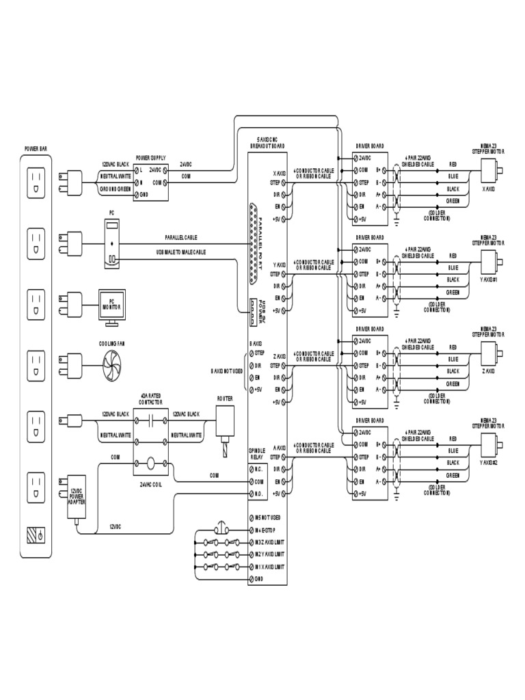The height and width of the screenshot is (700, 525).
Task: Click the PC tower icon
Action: tap(113, 243)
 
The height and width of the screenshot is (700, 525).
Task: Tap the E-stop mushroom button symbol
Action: tap(221, 528)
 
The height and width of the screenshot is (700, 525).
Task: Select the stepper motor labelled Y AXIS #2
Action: tap(490, 444)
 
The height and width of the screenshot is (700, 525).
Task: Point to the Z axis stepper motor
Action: tap(490, 353)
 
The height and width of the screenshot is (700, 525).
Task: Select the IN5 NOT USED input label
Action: tap(267, 517)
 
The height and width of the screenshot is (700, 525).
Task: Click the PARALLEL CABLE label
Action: tap(181, 237)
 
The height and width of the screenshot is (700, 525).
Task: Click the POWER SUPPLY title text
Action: tap(151, 157)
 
